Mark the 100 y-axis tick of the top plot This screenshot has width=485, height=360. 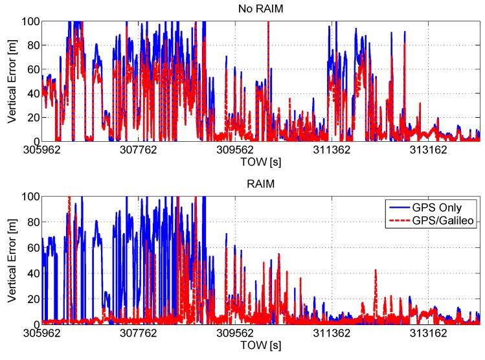[30, 21]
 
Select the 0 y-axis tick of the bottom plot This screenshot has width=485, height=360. [34, 324]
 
